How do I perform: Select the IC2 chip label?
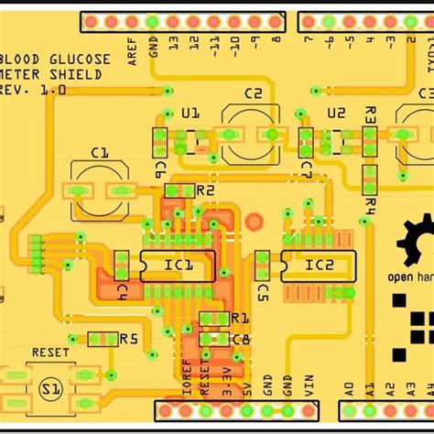pos(319,266)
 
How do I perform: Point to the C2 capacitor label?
pos(253,94)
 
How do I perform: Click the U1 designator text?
pos(190,114)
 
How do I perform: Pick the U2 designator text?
pos(336,114)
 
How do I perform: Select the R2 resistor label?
pos(205,190)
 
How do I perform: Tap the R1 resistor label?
pos(239,318)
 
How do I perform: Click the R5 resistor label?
pos(128,338)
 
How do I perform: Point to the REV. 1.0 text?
pos(35,90)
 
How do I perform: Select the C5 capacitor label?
pos(263,291)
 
